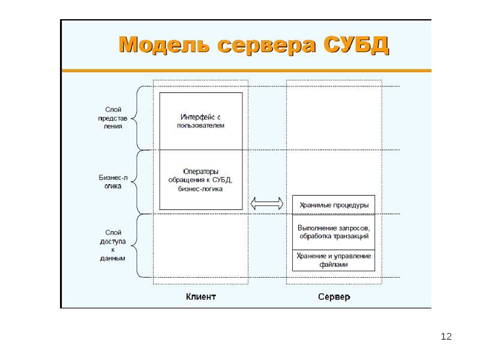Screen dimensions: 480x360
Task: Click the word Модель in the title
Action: coord(164,44)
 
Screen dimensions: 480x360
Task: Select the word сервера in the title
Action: coord(266,46)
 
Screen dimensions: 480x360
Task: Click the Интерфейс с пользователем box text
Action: coord(200,121)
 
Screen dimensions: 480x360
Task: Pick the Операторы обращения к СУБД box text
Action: coord(200,180)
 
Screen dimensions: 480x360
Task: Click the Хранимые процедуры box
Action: coord(334,205)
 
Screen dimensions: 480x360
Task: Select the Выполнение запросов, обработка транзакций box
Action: coord(334,232)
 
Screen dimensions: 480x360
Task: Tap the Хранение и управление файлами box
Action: coord(334,260)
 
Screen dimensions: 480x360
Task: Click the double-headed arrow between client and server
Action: coord(267,203)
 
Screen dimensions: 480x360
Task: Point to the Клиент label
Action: coord(201,296)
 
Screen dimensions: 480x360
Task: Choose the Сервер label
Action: coord(334,296)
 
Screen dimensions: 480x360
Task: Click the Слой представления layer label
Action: coord(113,118)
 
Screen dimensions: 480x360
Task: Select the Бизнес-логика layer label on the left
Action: coord(113,182)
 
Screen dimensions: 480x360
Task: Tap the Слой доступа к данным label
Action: coord(113,245)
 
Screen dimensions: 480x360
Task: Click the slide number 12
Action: coord(446,337)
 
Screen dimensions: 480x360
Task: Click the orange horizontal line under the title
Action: coord(247,70)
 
